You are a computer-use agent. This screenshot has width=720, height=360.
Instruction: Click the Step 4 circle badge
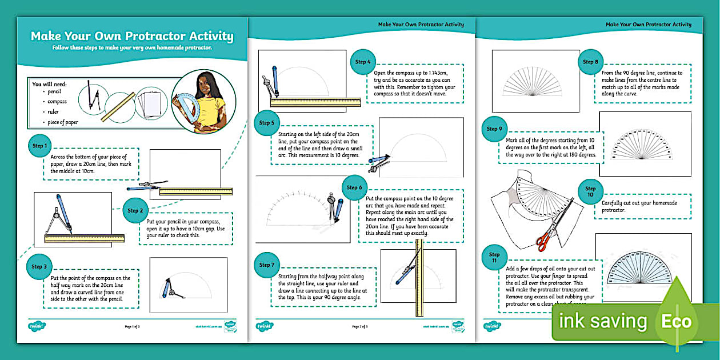coord(363,62)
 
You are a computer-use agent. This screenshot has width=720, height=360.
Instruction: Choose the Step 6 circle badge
coord(355,187)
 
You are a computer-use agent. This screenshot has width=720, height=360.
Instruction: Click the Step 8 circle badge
coord(591,62)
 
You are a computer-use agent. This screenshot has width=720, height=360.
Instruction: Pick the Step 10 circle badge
coord(591,191)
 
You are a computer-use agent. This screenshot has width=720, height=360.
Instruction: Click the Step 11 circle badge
coord(494,258)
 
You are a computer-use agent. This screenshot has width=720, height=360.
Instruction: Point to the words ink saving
coord(603,321)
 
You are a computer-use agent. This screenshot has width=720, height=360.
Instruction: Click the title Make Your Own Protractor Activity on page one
coord(132,37)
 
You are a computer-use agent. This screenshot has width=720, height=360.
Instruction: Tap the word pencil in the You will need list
coord(55,91)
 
